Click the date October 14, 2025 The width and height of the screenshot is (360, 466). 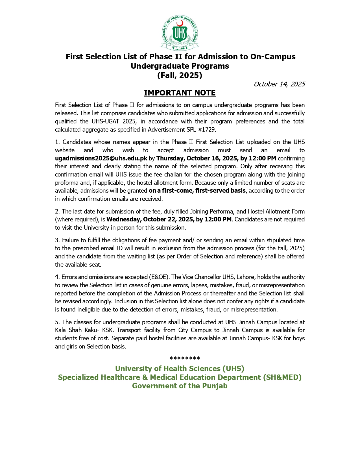pyautogui.click(x=279, y=84)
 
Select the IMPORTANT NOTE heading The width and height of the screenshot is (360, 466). pyautogui.click(x=180, y=93)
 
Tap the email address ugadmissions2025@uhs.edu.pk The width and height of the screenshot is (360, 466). pyautogui.click(x=101, y=158)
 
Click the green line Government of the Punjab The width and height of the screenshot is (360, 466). pyautogui.click(x=180, y=386)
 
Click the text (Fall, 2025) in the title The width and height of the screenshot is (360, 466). pyautogui.click(x=180, y=75)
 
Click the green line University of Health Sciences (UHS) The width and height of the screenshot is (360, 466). pyautogui.click(x=180, y=369)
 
